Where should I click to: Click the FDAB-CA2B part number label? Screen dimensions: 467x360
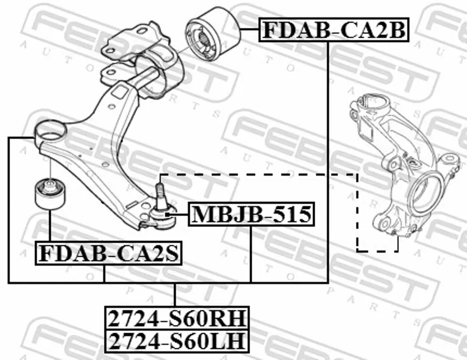(x=333, y=30)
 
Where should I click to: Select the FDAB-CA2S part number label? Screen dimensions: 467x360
(x=109, y=253)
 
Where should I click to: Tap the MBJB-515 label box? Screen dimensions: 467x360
(x=252, y=214)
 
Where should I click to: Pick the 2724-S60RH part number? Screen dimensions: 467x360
(x=177, y=318)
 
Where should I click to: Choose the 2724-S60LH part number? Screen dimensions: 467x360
(x=177, y=341)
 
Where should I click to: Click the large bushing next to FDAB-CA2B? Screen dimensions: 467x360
(x=212, y=33)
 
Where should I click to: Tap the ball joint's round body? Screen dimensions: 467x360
(x=162, y=219)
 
